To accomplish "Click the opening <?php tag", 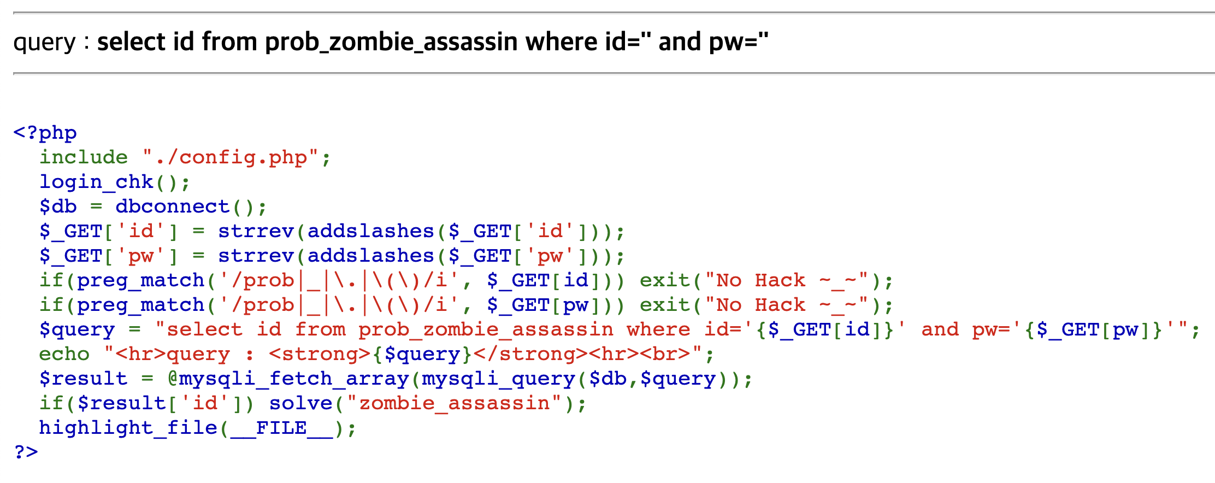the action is (45, 133).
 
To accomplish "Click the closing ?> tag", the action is (26, 452).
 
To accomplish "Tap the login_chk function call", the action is (96, 182).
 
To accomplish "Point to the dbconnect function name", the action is (172, 207).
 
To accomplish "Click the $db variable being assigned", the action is (58, 207).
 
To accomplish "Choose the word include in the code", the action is (83, 157).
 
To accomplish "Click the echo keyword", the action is (64, 354).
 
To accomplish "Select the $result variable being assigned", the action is (83, 379).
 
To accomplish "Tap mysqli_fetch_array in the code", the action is (294, 379).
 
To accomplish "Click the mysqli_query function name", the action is (498, 379).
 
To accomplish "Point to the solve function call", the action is (300, 403).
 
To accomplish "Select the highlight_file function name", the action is (128, 428).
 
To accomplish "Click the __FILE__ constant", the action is (281, 428).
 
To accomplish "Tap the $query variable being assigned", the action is (76, 329).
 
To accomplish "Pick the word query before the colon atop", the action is (44, 42).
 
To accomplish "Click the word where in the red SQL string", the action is (658, 329).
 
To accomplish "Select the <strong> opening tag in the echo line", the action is (320, 354).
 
